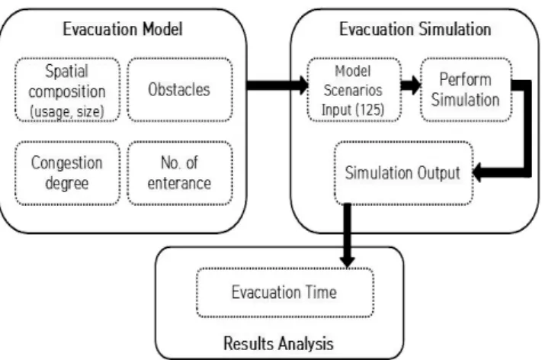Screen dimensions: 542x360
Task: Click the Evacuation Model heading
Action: pos(123,29)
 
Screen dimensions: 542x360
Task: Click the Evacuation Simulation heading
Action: pos(415,29)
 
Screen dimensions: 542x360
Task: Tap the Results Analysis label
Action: pos(278,344)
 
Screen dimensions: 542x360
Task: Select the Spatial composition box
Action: pos(67,90)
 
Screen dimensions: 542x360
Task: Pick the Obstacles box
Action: pos(180,90)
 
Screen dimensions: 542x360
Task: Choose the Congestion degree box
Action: pos(67,173)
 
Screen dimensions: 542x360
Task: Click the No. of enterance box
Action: pos(180,173)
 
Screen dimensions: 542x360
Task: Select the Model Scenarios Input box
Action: pos(354,90)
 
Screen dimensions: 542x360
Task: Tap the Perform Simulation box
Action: pos(466,90)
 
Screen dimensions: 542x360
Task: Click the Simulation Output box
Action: pos(403,173)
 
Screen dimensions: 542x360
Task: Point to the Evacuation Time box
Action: pos(285,293)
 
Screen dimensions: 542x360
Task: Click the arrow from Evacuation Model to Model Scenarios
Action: pos(277,85)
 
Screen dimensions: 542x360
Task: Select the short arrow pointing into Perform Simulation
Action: pos(411,85)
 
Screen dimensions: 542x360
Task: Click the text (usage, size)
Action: pos(67,111)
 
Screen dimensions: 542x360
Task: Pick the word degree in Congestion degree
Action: pos(67,184)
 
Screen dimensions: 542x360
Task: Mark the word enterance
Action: pos(179,184)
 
